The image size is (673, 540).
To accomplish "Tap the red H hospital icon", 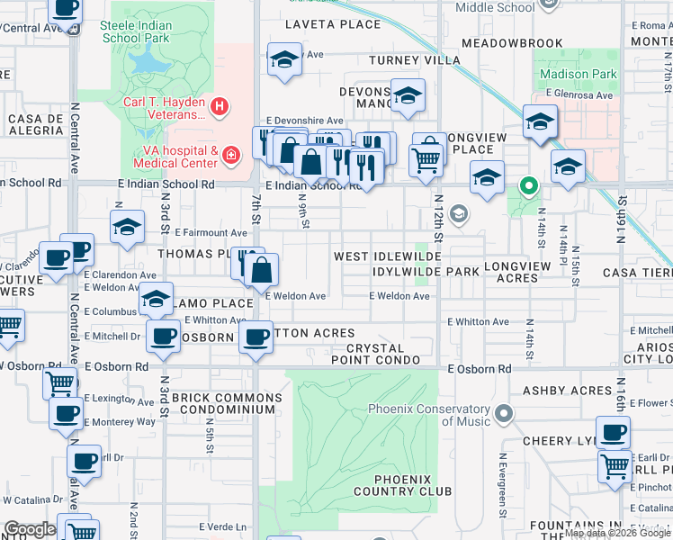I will point(219,107).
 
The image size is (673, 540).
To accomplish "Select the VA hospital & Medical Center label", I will point(175,157).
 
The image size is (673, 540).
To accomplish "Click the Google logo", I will point(30,529).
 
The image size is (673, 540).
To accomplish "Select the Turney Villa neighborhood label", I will point(409,61).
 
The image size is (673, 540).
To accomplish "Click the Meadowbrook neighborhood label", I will point(510,43).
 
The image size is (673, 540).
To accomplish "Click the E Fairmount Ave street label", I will point(211,233).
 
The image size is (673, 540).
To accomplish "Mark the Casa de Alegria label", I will point(36,124).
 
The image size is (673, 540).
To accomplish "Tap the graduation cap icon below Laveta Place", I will point(284,60).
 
